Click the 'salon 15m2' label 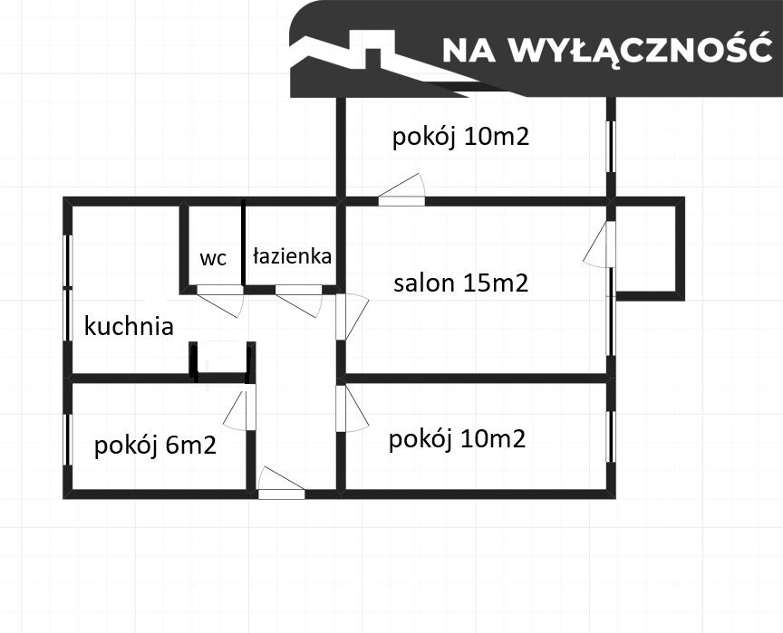(x=460, y=283)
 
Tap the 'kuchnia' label (x=129, y=326)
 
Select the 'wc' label (x=212, y=258)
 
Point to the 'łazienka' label (x=292, y=256)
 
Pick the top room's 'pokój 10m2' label (x=460, y=137)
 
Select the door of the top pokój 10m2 (x=401, y=191)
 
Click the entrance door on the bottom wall (x=280, y=484)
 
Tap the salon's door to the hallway (x=351, y=316)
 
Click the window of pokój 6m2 (x=67, y=439)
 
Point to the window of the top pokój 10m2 (x=611, y=145)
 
